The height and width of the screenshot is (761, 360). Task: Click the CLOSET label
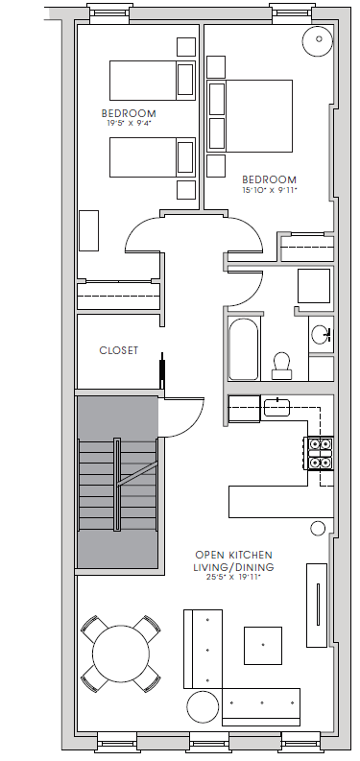[118, 351]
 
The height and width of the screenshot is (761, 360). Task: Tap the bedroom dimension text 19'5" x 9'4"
[129, 123]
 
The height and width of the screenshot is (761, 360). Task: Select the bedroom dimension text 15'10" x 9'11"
[269, 190]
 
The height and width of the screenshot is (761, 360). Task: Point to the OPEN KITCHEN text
[233, 555]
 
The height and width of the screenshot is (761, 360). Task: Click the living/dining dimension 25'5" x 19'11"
[233, 577]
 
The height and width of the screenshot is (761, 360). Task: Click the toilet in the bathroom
[282, 362]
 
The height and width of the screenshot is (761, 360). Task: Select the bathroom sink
[320, 335]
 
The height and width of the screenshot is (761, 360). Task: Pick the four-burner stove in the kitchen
[318, 453]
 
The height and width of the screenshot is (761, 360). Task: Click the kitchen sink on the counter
[276, 407]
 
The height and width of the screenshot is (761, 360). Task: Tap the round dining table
[120, 654]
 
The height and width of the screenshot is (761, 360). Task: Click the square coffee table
[262, 645]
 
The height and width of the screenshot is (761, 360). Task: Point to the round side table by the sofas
[203, 708]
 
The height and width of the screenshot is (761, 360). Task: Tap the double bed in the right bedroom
[252, 115]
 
